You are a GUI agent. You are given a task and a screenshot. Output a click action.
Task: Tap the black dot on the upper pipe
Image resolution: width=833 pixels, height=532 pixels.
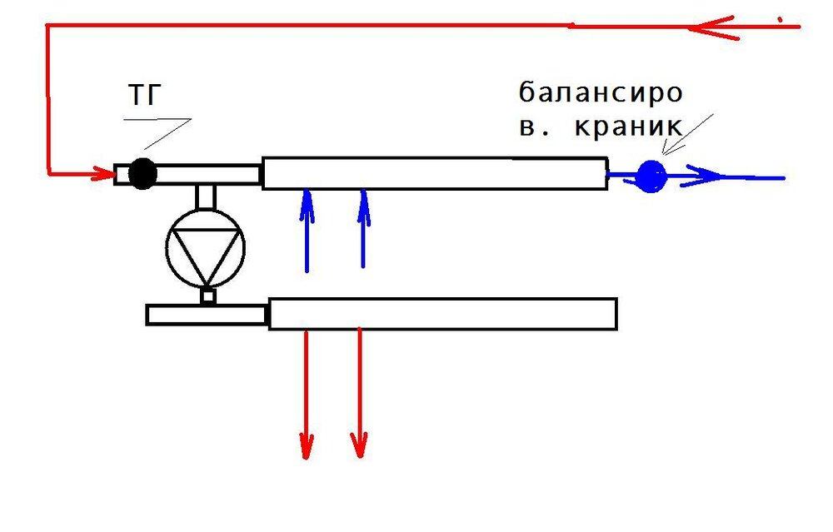(143, 173)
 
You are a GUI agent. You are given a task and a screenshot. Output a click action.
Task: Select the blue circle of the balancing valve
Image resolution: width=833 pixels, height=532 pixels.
(651, 175)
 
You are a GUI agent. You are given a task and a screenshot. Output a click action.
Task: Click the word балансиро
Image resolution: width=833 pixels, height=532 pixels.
(600, 92)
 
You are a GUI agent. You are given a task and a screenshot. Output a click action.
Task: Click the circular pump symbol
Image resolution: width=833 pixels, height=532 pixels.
(206, 247)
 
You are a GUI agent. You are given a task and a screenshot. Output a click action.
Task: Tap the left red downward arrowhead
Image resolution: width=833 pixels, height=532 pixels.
(307, 445)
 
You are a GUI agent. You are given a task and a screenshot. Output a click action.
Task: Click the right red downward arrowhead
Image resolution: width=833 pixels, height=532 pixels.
(359, 445)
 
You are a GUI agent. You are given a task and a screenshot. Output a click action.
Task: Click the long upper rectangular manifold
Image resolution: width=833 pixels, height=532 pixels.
(434, 173)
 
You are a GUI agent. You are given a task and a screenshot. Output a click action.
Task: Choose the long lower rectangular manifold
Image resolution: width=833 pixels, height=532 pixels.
(442, 314)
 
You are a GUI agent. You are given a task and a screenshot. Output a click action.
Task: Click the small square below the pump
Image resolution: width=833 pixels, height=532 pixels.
(208, 296)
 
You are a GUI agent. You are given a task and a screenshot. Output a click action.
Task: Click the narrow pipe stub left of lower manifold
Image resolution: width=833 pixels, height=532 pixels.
(206, 315)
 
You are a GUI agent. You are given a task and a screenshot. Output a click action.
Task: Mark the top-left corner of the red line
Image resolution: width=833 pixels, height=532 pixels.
(47, 27)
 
